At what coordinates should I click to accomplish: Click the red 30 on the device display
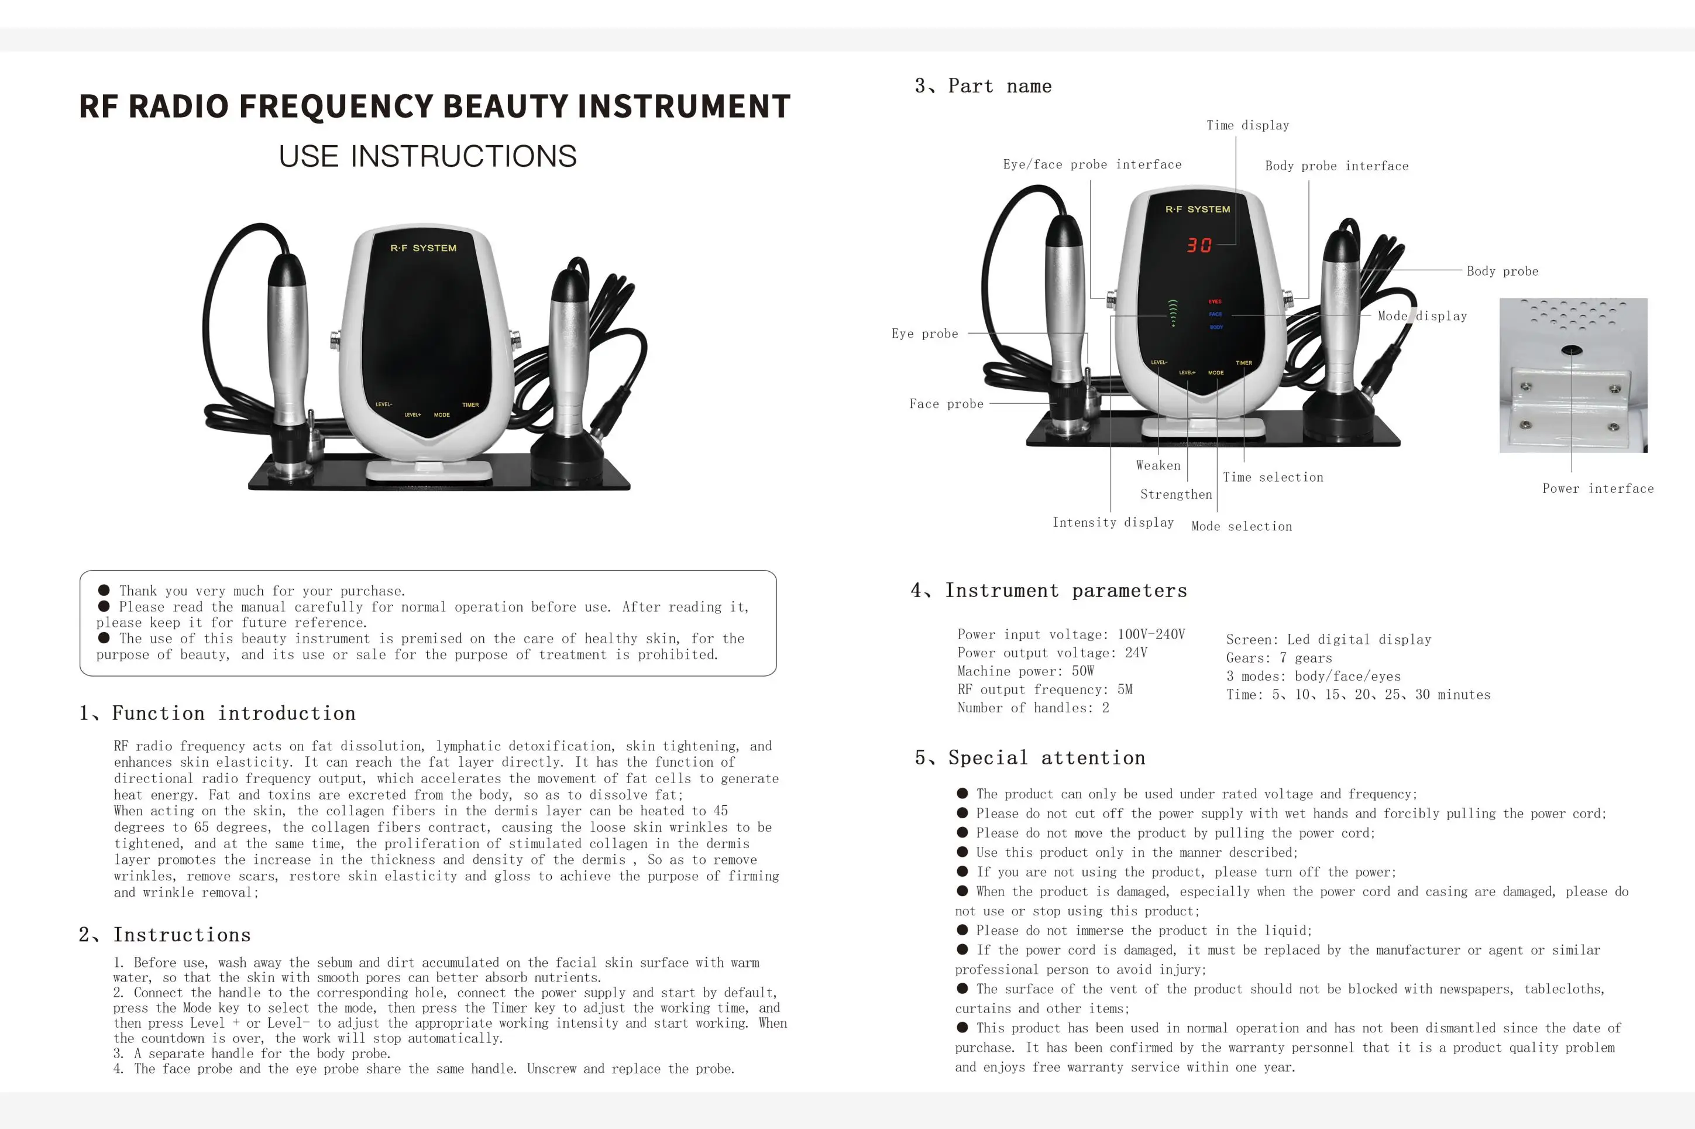1199,246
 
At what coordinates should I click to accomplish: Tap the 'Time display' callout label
1247,125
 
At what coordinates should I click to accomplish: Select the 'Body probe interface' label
1336,166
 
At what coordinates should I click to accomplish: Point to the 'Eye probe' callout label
925,334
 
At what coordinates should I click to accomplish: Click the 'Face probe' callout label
946,404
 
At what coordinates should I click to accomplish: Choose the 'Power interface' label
1598,489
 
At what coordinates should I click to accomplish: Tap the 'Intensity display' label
1113,523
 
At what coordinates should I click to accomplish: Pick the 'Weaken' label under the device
1158,466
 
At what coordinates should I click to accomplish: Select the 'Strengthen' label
1176,495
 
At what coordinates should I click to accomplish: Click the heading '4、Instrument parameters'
1048,591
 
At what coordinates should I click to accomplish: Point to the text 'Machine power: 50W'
1025,671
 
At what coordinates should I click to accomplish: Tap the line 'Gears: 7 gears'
1279,658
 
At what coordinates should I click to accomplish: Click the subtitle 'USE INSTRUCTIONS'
428,156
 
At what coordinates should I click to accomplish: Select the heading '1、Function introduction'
218,713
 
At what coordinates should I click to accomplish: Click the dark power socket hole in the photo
1571,351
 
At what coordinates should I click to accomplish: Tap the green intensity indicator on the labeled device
1173,313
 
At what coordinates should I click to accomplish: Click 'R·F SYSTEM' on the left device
423,248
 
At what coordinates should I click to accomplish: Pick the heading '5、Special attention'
1030,758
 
